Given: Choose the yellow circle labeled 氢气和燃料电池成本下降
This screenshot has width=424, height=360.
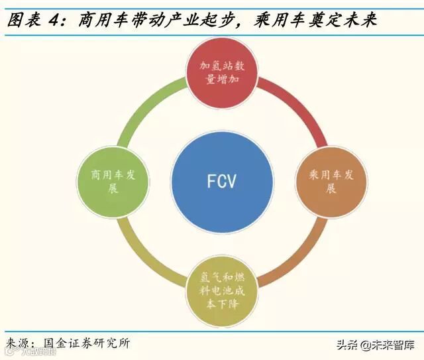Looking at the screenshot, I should (222, 289).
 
